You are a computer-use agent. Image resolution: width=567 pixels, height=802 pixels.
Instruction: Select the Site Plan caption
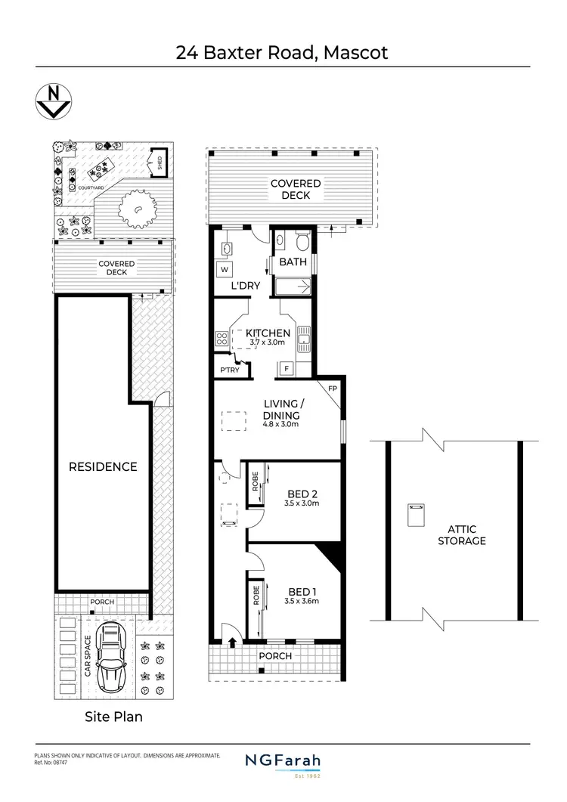(x=113, y=716)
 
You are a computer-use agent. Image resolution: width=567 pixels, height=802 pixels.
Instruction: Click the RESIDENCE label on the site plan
(x=104, y=466)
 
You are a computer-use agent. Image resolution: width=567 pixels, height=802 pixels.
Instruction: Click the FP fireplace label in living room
(x=332, y=389)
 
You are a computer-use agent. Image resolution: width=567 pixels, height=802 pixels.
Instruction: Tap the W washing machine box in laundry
(x=225, y=268)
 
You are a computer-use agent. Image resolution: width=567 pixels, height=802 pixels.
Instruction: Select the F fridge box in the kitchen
(x=287, y=368)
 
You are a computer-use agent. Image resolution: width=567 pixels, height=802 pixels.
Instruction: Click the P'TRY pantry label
(x=229, y=370)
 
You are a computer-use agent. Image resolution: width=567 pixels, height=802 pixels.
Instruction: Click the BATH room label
(x=293, y=262)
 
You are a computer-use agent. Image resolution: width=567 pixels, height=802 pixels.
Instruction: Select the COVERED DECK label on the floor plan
(x=296, y=189)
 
